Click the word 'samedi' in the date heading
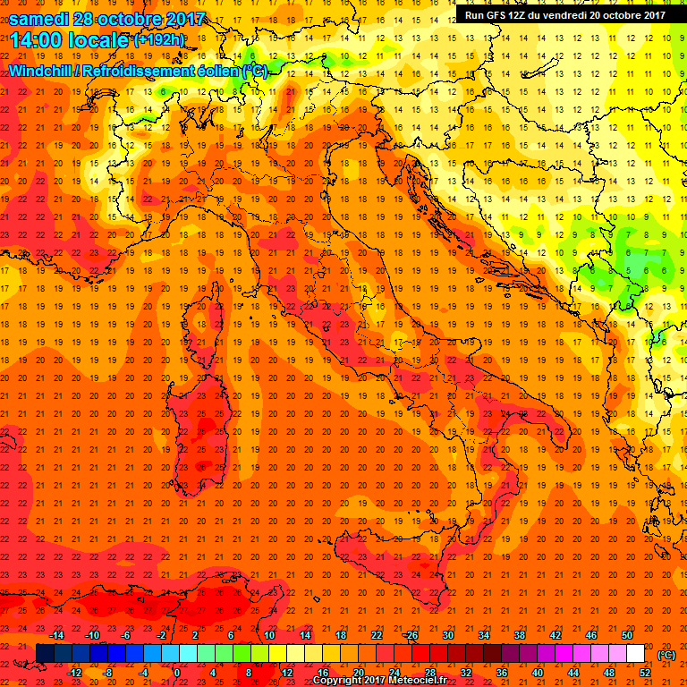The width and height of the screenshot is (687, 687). (x=38, y=19)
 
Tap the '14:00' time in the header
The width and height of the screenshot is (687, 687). (x=38, y=40)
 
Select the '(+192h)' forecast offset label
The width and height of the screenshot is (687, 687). (x=159, y=40)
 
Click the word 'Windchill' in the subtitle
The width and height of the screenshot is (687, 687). (x=43, y=71)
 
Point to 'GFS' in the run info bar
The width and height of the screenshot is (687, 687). (x=501, y=14)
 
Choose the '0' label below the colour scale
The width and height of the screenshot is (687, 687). (x=177, y=673)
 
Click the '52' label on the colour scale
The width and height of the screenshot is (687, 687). (x=644, y=673)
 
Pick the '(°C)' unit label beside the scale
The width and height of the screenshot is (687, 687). (x=666, y=654)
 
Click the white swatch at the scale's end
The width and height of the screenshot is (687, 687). (x=635, y=654)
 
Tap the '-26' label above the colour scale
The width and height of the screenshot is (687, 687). (x=411, y=634)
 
